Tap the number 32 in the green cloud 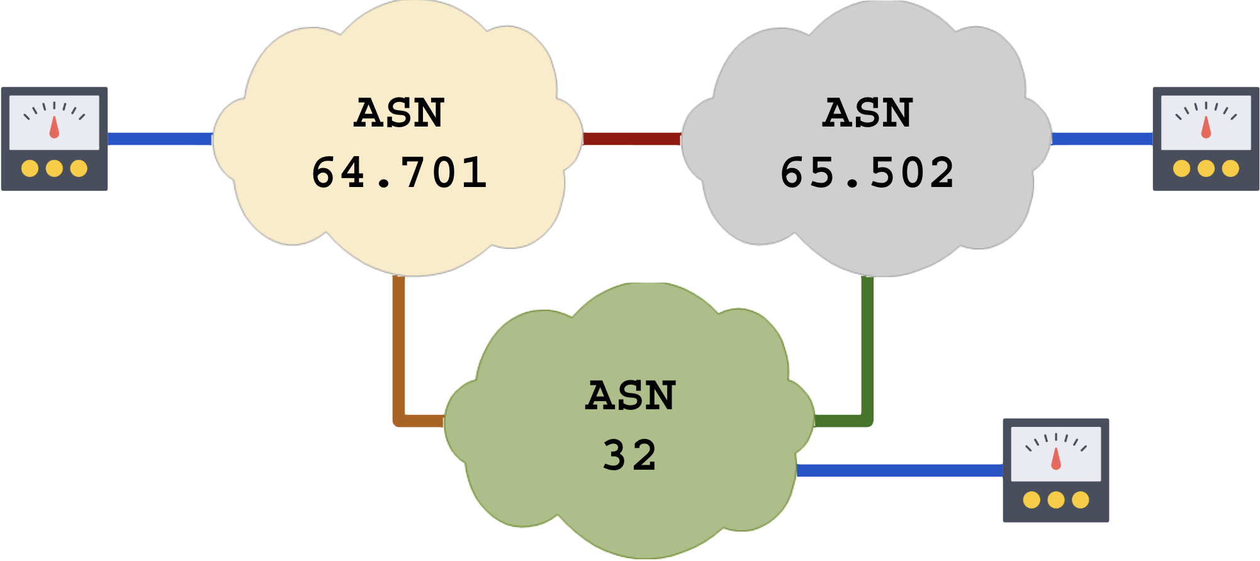630,455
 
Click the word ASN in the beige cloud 400,113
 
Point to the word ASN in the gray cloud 867,113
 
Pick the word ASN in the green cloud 631,396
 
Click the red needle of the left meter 54,127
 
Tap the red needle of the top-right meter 1206,127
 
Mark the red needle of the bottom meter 1056,459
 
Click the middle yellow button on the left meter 54,169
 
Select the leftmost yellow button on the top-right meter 1182,169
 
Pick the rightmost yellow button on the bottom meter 1081,500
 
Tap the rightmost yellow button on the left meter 79,169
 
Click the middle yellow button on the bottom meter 1056,500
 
